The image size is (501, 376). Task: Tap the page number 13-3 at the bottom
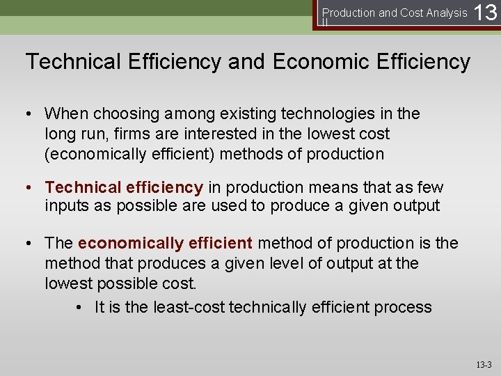(x=484, y=364)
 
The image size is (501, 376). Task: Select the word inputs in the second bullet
(x=67, y=206)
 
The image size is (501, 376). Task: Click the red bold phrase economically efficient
(x=165, y=243)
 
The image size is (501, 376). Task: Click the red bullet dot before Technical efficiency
(x=31, y=187)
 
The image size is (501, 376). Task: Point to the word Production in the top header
(x=349, y=13)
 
